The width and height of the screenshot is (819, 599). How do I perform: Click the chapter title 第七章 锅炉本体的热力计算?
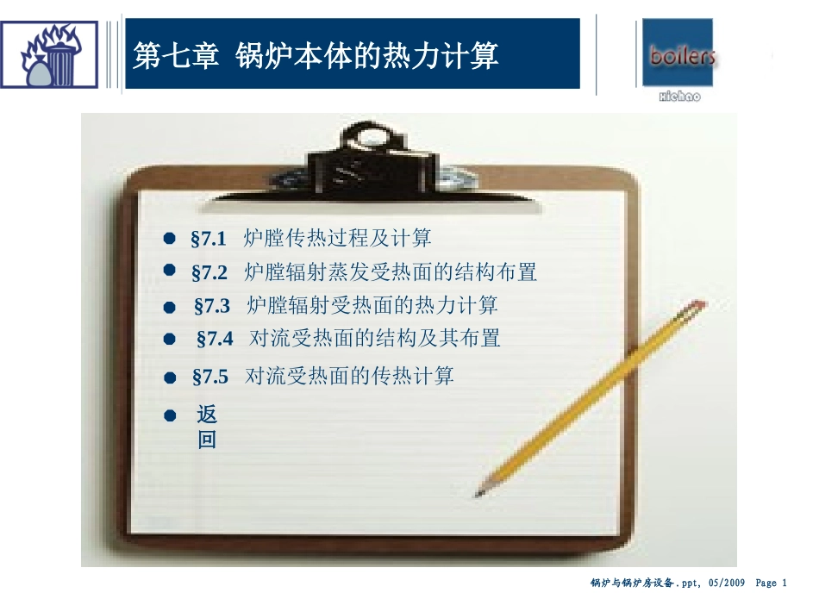(316, 57)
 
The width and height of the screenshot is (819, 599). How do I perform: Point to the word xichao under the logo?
(679, 97)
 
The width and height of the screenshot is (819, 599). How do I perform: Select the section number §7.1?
(209, 238)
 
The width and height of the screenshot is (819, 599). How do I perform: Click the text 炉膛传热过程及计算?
(338, 237)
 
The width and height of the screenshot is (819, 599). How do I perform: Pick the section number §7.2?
(209, 272)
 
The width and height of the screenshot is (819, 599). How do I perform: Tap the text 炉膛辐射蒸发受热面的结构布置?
(391, 272)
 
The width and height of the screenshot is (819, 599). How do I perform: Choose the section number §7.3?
(212, 306)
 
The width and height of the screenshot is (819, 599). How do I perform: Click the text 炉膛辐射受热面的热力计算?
(372, 305)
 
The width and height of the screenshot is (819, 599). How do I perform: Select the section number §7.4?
(215, 339)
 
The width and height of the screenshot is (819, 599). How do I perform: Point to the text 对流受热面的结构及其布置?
(375, 338)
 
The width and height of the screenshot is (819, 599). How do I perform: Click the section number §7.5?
(209, 377)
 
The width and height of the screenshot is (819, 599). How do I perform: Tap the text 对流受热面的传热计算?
(349, 376)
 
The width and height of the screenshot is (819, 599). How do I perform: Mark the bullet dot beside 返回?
(170, 415)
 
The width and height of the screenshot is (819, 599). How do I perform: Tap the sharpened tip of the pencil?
(478, 494)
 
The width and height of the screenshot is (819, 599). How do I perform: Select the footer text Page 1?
(772, 583)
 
